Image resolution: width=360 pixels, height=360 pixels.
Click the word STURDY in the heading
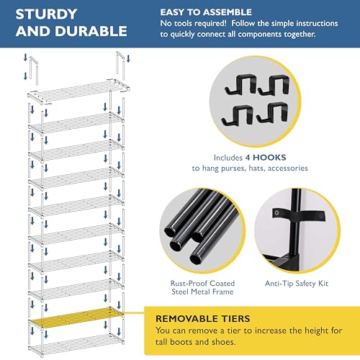point(46,14)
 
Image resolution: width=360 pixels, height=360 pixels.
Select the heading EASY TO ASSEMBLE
point(206,12)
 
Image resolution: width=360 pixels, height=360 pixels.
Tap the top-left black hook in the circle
point(239,84)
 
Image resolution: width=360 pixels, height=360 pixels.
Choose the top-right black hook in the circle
point(274,85)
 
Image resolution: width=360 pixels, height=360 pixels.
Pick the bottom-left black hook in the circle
point(237,115)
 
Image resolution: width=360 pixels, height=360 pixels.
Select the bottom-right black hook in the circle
point(272,113)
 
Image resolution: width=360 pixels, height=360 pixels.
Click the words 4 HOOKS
point(266,158)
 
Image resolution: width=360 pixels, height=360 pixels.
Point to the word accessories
point(288,168)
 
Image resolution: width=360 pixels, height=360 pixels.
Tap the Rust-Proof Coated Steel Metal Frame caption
point(202,287)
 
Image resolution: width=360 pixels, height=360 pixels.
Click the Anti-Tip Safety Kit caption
point(297,284)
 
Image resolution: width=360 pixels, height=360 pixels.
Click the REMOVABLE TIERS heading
point(203,319)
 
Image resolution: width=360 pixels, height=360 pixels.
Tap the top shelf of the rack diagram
point(78,91)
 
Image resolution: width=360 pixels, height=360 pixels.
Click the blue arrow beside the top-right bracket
point(128,58)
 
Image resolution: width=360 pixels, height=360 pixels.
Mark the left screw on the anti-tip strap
point(277,212)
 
